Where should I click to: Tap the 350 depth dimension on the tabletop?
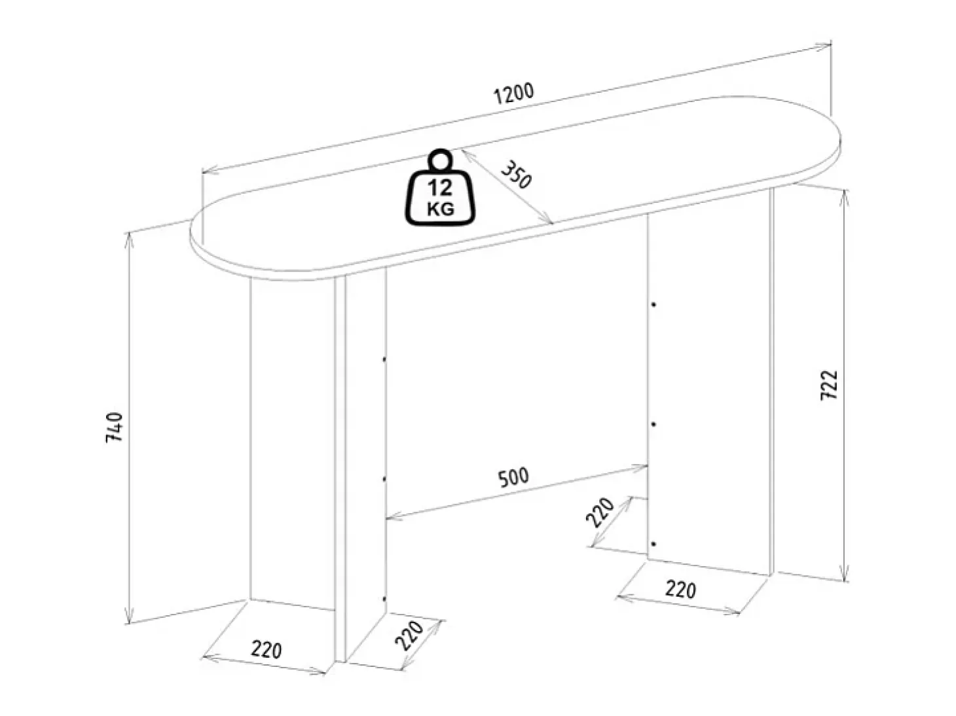(517, 174)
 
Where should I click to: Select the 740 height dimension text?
(115, 427)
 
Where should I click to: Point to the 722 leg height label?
(828, 385)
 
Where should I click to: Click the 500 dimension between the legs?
(513, 478)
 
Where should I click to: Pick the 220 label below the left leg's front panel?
(266, 650)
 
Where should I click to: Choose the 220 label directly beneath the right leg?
(680, 589)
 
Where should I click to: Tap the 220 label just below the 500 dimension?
(600, 512)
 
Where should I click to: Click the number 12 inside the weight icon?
(440, 188)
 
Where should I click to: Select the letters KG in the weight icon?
(441, 209)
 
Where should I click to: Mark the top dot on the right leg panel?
(653, 305)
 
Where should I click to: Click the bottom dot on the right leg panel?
(653, 544)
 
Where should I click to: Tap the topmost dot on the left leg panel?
(384, 359)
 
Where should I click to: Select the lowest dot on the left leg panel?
(384, 599)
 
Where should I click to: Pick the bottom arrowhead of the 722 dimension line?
(844, 575)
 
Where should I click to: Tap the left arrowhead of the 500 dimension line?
(393, 516)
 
